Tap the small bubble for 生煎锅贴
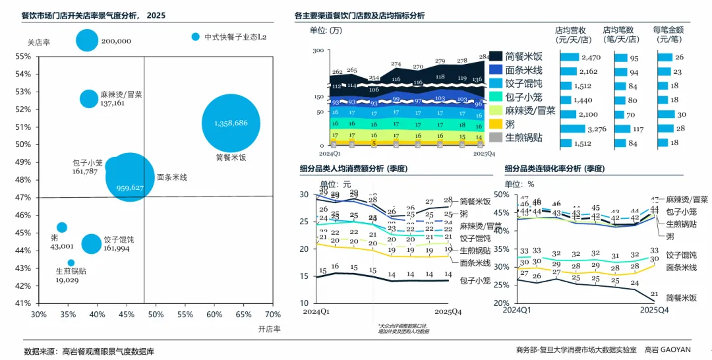pos(71,263)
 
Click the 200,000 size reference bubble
pos(87,40)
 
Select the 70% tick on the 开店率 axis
pos(272,315)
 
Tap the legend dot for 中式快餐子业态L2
pos(195,37)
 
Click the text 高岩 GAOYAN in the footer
pos(668,350)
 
